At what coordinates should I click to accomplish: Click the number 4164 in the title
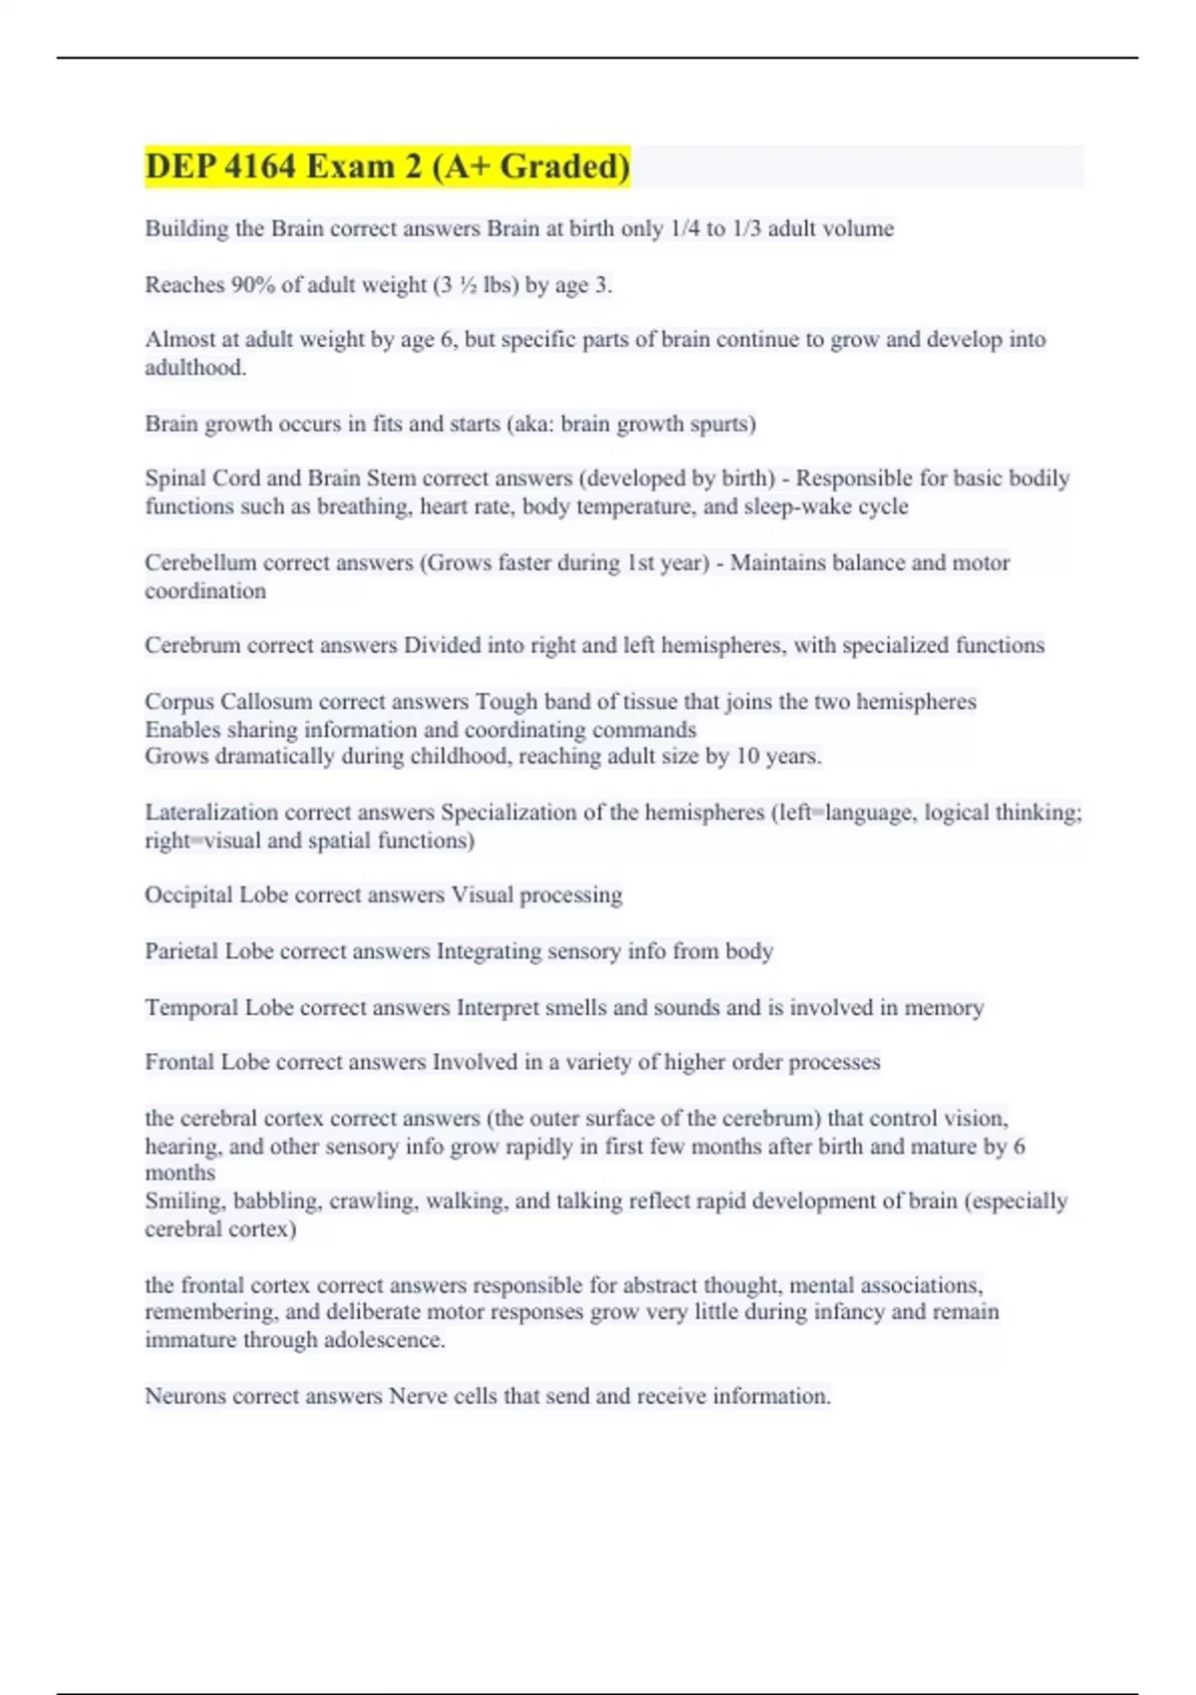(x=261, y=167)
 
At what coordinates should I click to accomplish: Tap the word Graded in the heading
(x=564, y=167)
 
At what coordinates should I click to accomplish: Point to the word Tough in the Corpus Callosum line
(x=503, y=702)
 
